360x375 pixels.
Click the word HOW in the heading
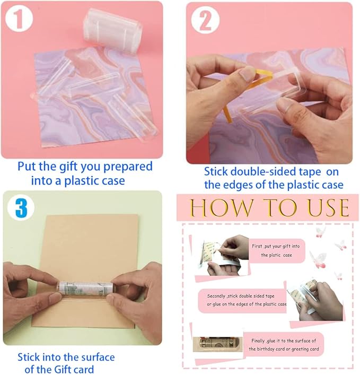(215, 207)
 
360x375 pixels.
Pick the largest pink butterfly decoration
(320, 258)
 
